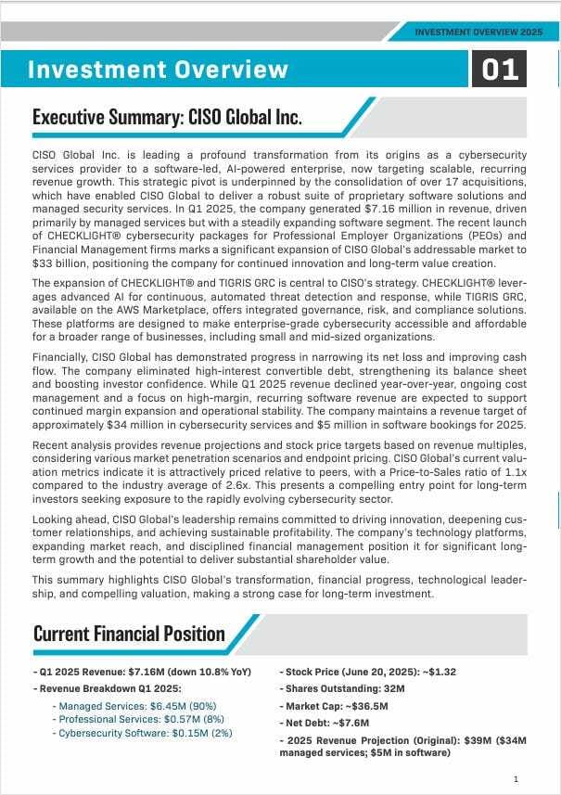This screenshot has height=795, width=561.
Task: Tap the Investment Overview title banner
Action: (x=158, y=70)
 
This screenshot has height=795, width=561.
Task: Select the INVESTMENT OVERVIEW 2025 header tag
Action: (x=478, y=32)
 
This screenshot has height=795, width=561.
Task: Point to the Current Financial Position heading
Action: (x=129, y=634)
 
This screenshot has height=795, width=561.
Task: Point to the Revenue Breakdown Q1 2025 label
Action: (x=109, y=688)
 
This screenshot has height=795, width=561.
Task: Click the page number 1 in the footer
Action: (x=516, y=778)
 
